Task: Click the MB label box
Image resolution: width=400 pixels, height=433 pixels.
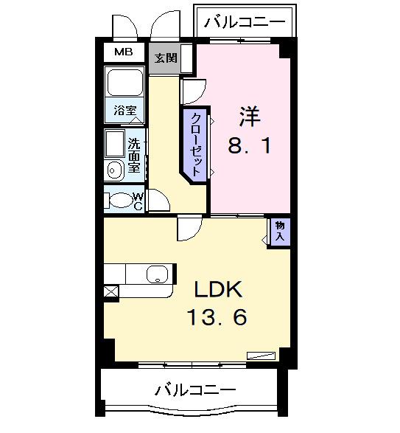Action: coord(123,53)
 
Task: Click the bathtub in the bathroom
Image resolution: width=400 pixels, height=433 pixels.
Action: coord(124,83)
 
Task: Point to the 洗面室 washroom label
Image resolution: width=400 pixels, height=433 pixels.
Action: coord(134,155)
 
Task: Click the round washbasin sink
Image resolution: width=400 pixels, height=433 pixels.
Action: coord(114,171)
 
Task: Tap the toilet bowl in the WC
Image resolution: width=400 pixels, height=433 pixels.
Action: coord(120,200)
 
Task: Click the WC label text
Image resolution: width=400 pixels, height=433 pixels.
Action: coord(138,201)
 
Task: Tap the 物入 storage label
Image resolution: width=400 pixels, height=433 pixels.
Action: coord(280,231)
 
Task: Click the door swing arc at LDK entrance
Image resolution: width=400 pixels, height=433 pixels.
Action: coord(187,230)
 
